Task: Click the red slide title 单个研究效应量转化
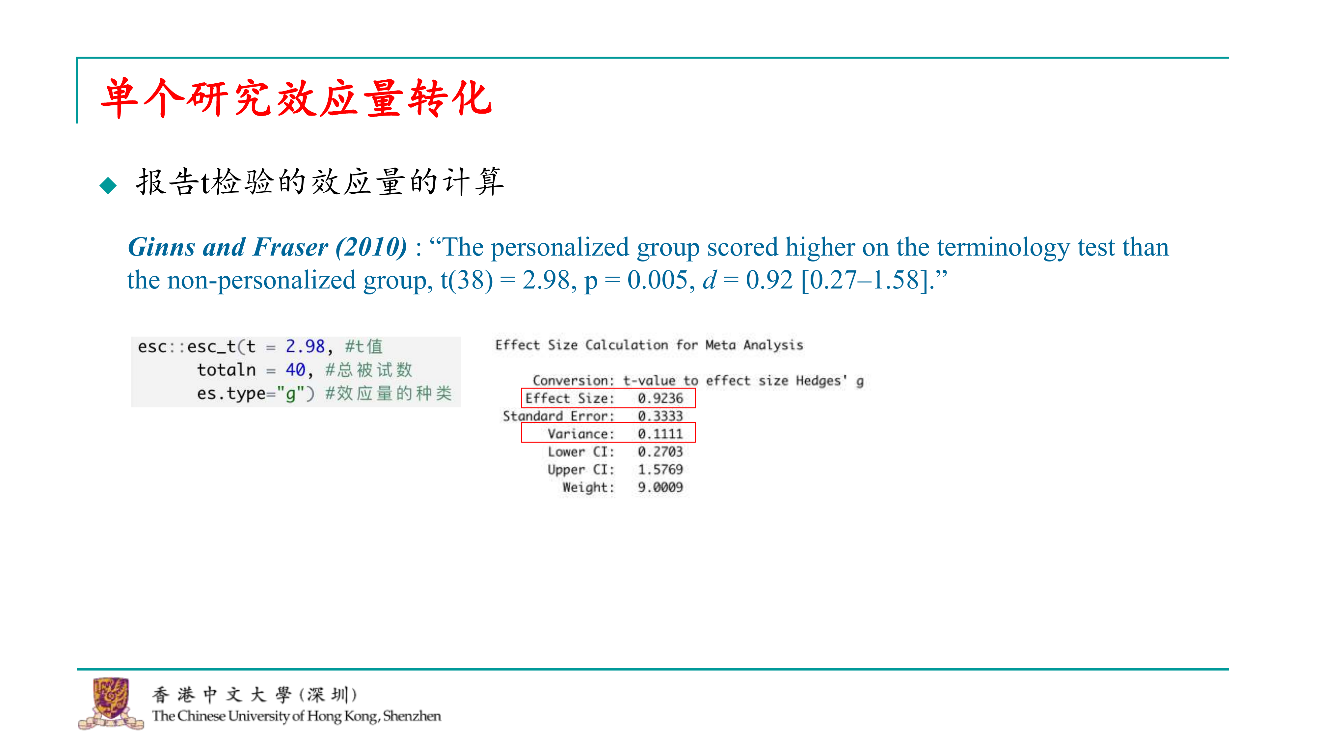coord(297,98)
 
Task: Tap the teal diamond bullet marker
coord(108,185)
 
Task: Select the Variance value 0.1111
coord(660,434)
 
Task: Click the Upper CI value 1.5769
coord(660,469)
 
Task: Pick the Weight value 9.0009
coord(660,487)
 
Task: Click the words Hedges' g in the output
coord(830,381)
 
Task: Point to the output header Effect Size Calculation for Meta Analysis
coord(649,345)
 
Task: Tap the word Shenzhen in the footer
coord(412,716)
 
